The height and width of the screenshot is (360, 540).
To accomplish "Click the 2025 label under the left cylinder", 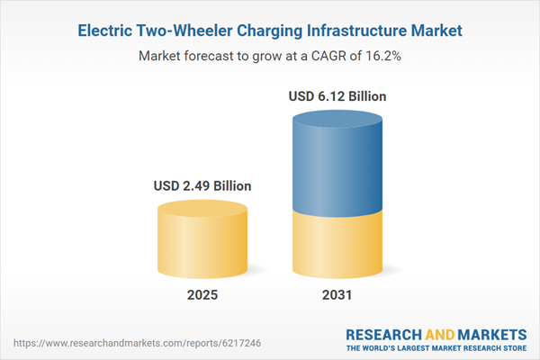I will (x=202, y=295).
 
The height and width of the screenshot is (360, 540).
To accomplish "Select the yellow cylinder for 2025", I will (x=202, y=243).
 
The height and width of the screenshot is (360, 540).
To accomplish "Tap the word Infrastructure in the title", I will (x=343, y=31).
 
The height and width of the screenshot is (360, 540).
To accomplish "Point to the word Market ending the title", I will (x=433, y=31).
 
